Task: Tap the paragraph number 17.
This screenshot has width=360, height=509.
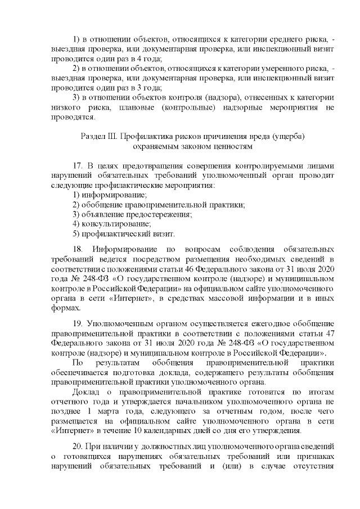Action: [x=78, y=166]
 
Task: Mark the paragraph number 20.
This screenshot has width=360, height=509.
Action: [x=78, y=444]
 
